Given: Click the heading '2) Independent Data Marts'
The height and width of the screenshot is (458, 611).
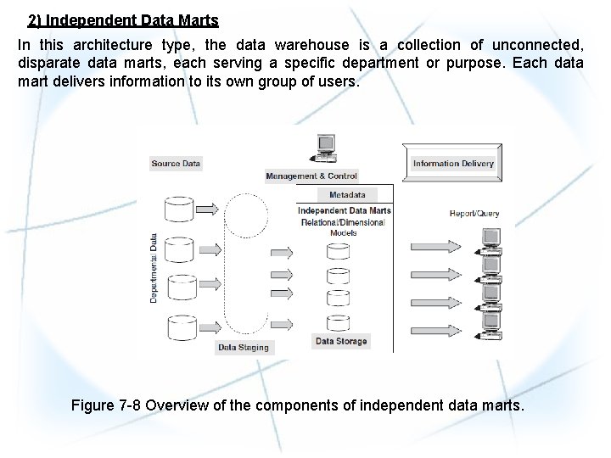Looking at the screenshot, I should coord(123,20).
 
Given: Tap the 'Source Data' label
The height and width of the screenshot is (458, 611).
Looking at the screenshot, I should coord(176,163).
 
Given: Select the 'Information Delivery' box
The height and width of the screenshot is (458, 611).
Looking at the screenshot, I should coord(453,164).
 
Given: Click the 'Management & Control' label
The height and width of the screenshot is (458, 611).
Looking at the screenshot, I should coord(311,176).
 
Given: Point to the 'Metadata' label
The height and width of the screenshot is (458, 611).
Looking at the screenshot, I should coord(347,195).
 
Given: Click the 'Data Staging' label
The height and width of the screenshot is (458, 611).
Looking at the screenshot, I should coord(244,347).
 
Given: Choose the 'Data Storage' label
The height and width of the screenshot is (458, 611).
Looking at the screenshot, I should coord(341,341).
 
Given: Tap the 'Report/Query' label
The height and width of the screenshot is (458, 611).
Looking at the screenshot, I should coord(474,214).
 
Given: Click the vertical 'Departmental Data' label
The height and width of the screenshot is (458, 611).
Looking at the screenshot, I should coord(154,268).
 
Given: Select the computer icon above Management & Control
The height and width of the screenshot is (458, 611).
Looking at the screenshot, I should coord(324,148).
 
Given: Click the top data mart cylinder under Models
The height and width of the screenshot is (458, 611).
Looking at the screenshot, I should coord(339,251).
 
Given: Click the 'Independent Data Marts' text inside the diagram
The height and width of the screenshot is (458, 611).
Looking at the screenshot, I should coord(345,210).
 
